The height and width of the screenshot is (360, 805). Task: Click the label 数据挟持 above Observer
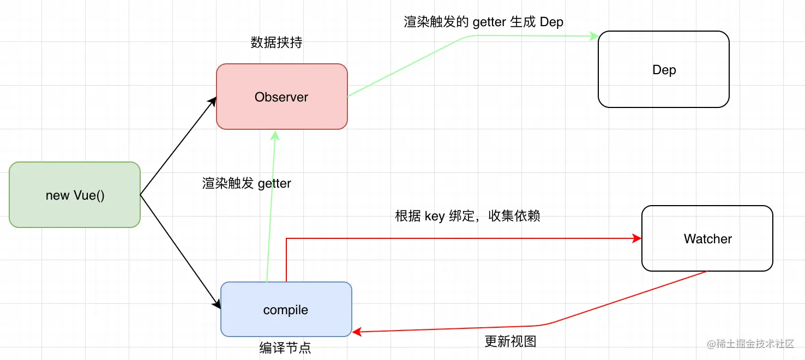[x=276, y=43]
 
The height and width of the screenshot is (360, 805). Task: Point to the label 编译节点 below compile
[x=285, y=348]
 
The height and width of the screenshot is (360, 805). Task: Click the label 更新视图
[x=510, y=341]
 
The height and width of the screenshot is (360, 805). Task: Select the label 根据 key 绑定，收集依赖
[x=467, y=216]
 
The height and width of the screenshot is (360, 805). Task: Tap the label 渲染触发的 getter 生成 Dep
[x=483, y=22]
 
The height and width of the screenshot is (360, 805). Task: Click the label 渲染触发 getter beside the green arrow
[x=247, y=183]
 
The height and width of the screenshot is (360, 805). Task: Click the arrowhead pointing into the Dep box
[x=594, y=37]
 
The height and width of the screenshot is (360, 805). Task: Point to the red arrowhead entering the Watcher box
[x=637, y=238]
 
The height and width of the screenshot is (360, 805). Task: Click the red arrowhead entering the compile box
[x=357, y=331]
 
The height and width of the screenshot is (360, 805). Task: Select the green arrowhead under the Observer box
[x=276, y=134]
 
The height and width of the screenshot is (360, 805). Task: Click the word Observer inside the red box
[x=281, y=97]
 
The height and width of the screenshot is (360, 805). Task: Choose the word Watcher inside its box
[x=707, y=239]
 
